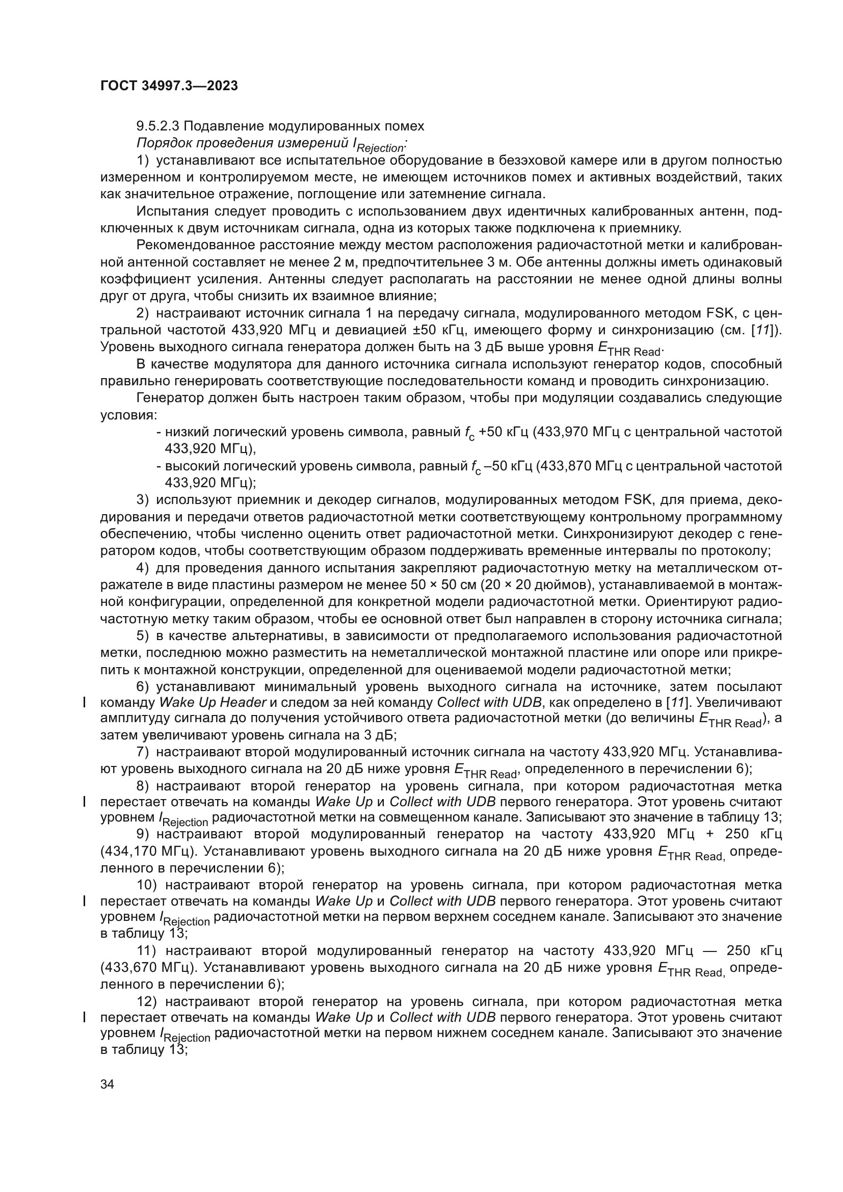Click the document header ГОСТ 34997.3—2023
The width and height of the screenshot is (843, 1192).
click(x=169, y=86)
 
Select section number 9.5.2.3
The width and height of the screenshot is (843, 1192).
click(x=158, y=126)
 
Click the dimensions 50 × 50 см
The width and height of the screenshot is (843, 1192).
click(x=444, y=585)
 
